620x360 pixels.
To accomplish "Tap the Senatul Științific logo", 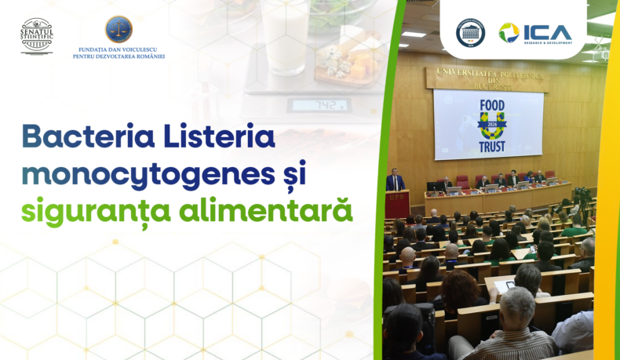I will point(36,35).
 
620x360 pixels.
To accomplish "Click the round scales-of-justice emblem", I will point(119,29).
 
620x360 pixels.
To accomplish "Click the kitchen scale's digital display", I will point(308,104).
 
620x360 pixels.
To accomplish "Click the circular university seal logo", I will point(470,33).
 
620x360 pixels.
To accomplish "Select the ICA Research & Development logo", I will point(536,33).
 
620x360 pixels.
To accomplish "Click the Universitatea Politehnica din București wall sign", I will point(487,78).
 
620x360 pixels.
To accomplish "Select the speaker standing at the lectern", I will point(396,182).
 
